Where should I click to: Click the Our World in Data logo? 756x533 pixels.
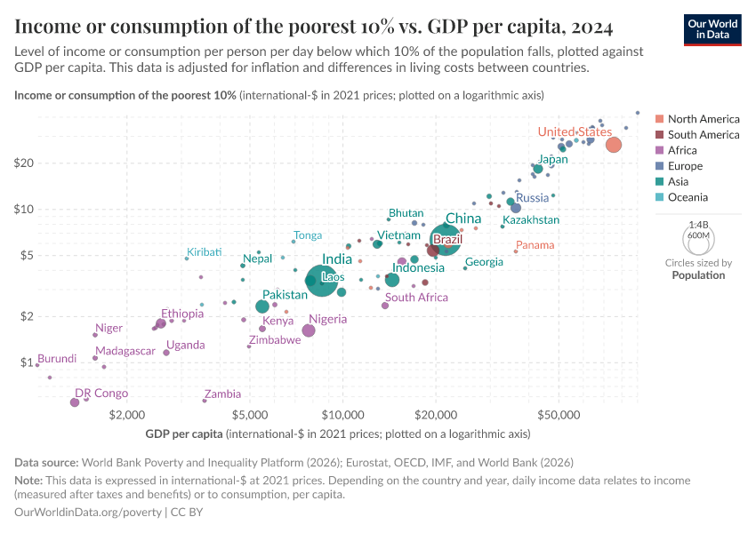point(712,29)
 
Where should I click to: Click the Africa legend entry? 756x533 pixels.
point(682,150)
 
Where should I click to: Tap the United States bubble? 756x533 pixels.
point(614,145)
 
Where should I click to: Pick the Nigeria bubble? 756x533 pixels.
point(309,330)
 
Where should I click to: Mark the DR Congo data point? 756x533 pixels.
point(75,402)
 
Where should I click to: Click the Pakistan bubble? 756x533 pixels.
point(262,306)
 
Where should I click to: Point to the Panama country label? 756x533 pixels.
point(535,245)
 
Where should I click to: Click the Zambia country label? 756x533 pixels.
point(222,394)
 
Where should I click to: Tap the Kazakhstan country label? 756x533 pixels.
point(531,219)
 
